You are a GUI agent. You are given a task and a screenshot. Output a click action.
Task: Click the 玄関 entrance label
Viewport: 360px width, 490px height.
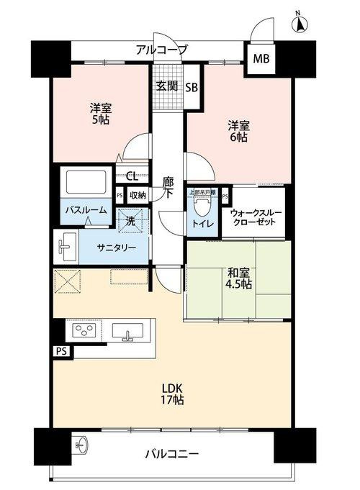pyautogui.click(x=166, y=86)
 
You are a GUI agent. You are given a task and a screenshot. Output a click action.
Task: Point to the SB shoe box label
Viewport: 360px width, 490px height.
pyautogui.click(x=192, y=88)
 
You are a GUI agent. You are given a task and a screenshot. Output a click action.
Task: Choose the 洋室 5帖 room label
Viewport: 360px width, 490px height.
pyautogui.click(x=100, y=114)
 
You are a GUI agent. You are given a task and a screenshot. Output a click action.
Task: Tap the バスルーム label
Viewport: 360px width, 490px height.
pyautogui.click(x=86, y=210)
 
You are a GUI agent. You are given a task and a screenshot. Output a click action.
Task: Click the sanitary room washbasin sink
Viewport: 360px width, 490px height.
pyautogui.click(x=67, y=247)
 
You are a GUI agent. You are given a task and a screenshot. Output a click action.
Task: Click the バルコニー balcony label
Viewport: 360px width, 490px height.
pyautogui.click(x=173, y=454)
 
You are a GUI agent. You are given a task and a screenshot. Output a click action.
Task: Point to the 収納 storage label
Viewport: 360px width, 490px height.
pyautogui.click(x=137, y=194)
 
